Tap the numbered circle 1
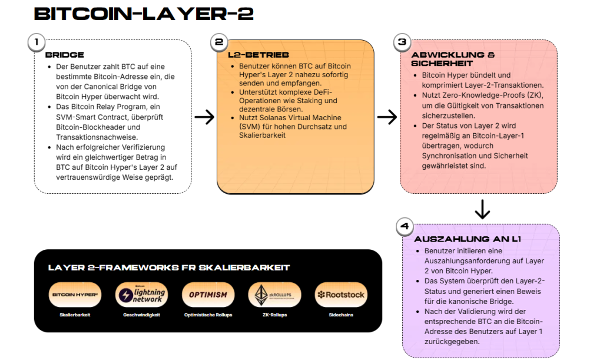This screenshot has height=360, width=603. click(36, 42)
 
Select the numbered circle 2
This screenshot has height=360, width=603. click(219, 42)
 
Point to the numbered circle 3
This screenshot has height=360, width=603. click(402, 42)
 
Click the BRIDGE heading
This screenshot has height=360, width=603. click(65, 55)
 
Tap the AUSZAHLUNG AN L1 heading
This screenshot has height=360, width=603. click(467, 239)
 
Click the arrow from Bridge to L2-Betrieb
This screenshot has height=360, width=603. click(204, 117)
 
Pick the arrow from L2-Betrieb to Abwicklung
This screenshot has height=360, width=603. click(387, 117)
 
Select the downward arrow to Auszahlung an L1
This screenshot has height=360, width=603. click(482, 209)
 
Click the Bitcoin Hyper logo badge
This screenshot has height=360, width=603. click(75, 295)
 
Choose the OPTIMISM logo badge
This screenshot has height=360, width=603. click(208, 295)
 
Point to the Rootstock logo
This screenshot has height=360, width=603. click(340, 295)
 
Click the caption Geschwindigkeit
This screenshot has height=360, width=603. click(142, 315)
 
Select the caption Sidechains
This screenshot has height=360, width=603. click(340, 315)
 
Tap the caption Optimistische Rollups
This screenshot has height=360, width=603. click(208, 315)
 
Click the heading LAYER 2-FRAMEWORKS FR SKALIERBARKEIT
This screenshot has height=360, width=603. click(169, 267)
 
